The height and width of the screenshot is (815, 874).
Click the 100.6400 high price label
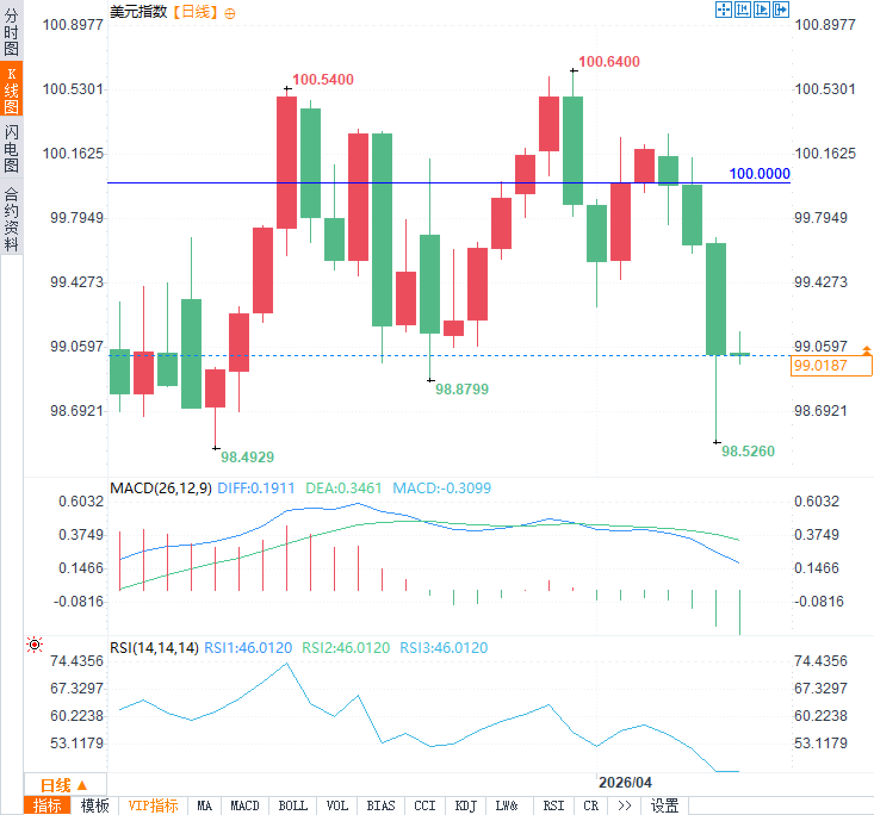tap(609, 62)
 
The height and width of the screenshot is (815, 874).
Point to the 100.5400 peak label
tap(323, 80)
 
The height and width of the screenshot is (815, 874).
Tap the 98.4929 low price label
tap(247, 458)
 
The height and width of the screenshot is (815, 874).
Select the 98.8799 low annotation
tap(461, 390)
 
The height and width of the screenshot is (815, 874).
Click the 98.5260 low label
tap(748, 452)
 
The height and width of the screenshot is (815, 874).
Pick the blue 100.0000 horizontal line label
tap(759, 174)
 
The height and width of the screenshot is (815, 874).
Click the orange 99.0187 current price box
tap(830, 366)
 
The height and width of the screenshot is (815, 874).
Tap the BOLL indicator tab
tap(293, 806)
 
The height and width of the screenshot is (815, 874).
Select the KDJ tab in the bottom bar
tap(466, 806)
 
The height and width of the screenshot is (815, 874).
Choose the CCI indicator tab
tap(424, 806)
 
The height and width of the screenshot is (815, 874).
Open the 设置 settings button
tap(664, 806)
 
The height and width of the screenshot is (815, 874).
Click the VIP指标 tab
tap(153, 806)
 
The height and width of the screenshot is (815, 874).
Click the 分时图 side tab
tap(11, 32)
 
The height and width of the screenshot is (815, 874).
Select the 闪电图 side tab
tap(11, 149)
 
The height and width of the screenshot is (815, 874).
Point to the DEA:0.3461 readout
tap(343, 489)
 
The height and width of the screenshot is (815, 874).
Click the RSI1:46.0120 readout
tap(248, 648)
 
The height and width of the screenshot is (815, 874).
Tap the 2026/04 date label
tap(625, 782)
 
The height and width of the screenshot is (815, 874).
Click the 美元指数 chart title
tap(138, 12)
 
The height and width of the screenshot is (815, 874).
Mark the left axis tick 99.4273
tap(76, 282)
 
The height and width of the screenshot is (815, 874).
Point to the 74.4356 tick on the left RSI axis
tap(76, 661)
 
